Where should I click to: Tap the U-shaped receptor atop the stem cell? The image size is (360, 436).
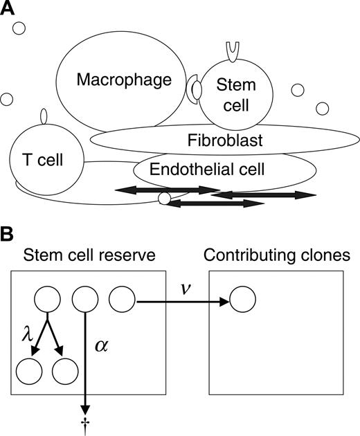click(230, 48)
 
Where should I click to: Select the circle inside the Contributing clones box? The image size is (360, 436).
click(242, 301)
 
